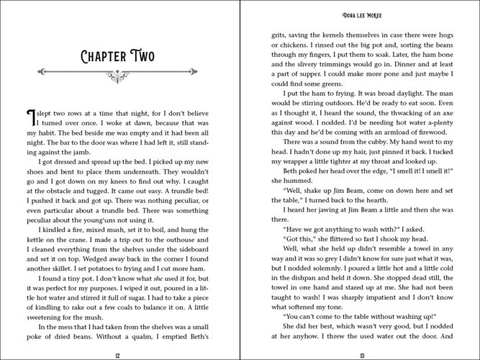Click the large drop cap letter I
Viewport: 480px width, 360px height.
[x=30, y=117]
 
